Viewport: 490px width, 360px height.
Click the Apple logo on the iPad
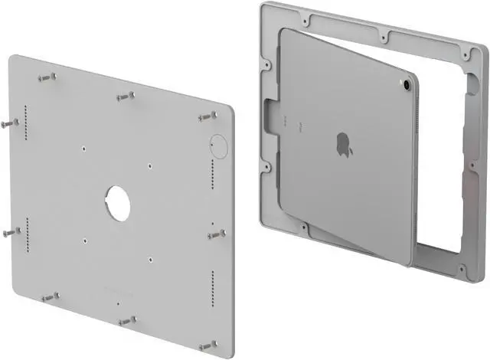coord(345,144)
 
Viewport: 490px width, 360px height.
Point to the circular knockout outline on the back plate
coord(217,145)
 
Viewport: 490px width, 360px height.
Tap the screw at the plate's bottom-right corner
coord(206,345)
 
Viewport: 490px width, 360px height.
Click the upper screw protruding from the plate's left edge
coord(9,123)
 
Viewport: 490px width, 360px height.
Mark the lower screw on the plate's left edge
coord(9,231)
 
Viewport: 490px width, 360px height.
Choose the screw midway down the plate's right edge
coord(217,232)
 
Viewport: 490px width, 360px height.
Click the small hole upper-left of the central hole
coord(83,147)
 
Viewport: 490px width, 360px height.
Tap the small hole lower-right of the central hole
coord(152,258)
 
